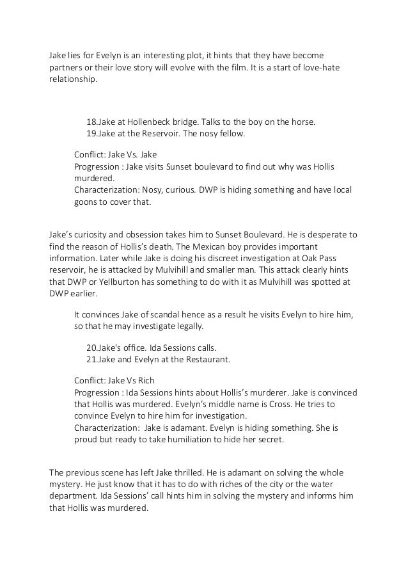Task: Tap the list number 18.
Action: (91, 122)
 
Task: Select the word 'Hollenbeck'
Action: (150, 122)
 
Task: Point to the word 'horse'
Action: (301, 122)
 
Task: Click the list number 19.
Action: (91, 134)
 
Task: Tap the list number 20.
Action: (92, 348)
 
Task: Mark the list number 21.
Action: (92, 360)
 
